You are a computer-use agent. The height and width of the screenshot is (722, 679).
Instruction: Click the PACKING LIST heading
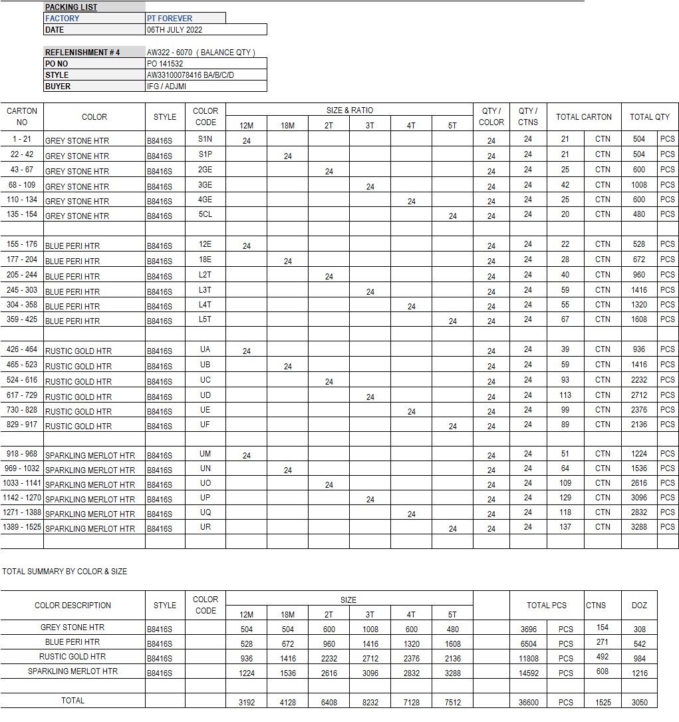pyautogui.click(x=71, y=7)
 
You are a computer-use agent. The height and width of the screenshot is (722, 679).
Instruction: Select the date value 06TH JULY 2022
pyautogui.click(x=175, y=30)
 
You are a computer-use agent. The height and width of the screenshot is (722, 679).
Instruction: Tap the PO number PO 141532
pyautogui.click(x=165, y=64)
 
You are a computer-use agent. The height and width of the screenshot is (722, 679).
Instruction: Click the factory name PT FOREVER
pyautogui.click(x=170, y=19)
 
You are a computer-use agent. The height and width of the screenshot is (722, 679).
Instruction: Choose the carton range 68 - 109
pyautogui.click(x=22, y=185)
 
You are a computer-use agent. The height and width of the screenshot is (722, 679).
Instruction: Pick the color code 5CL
pyautogui.click(x=205, y=214)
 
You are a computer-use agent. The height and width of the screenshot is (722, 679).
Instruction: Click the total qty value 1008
pyautogui.click(x=638, y=185)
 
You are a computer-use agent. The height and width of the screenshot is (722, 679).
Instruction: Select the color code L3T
pyautogui.click(x=205, y=290)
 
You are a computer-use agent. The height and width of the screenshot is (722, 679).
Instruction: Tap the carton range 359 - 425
pyautogui.click(x=22, y=319)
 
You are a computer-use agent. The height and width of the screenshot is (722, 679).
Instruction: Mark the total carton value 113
pyautogui.click(x=565, y=395)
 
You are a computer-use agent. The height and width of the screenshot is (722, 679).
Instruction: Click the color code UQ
pyautogui.click(x=205, y=512)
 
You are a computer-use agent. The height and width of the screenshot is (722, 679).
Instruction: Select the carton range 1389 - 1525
pyautogui.click(x=22, y=527)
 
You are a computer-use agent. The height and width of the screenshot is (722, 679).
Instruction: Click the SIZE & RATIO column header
pyautogui.click(x=348, y=110)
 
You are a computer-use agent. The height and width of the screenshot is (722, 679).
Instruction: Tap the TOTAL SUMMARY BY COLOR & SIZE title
pyautogui.click(x=65, y=572)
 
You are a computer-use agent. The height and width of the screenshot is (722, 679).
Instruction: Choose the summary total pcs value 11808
pyautogui.click(x=529, y=659)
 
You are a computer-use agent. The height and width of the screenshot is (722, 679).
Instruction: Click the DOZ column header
pyautogui.click(x=638, y=606)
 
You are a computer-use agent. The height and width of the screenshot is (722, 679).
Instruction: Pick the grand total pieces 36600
pyautogui.click(x=529, y=703)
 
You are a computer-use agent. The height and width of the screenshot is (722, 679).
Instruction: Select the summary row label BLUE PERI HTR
pyautogui.click(x=72, y=642)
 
